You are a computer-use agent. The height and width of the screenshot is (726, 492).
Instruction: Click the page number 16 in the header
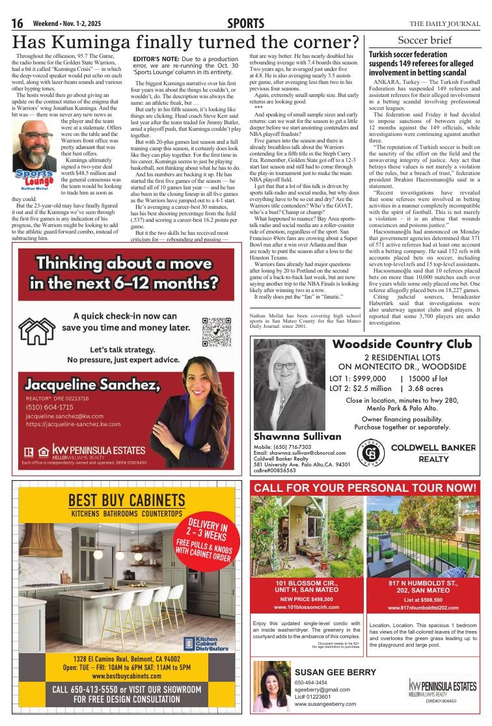point(17,24)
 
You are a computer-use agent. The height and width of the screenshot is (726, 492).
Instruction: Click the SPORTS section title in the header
point(245,24)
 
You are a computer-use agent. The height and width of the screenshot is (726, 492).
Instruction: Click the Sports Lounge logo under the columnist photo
point(34,177)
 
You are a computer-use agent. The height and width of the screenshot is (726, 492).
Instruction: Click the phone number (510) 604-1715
point(49,407)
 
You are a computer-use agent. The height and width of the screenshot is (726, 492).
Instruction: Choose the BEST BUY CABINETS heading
point(127,500)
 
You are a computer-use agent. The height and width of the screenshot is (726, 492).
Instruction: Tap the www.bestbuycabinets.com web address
point(127,676)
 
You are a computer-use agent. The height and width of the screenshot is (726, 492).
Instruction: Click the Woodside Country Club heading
point(402,344)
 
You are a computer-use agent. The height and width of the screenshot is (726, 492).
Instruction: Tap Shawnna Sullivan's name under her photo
point(288,437)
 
